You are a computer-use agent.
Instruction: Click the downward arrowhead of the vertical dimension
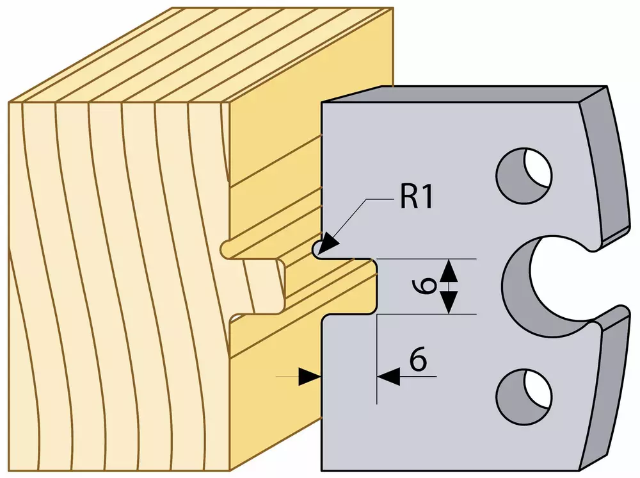[x=449, y=302]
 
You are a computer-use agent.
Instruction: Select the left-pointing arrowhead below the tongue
[x=388, y=376]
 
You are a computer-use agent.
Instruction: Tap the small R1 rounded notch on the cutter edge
[x=317, y=249]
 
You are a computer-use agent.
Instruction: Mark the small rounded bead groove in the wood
[x=227, y=249]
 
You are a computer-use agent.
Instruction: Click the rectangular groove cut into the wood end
[x=257, y=286]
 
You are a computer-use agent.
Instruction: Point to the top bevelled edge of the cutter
[x=463, y=94]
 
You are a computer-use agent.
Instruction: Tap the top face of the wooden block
[x=200, y=55]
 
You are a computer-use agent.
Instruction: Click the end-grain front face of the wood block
[x=118, y=286]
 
